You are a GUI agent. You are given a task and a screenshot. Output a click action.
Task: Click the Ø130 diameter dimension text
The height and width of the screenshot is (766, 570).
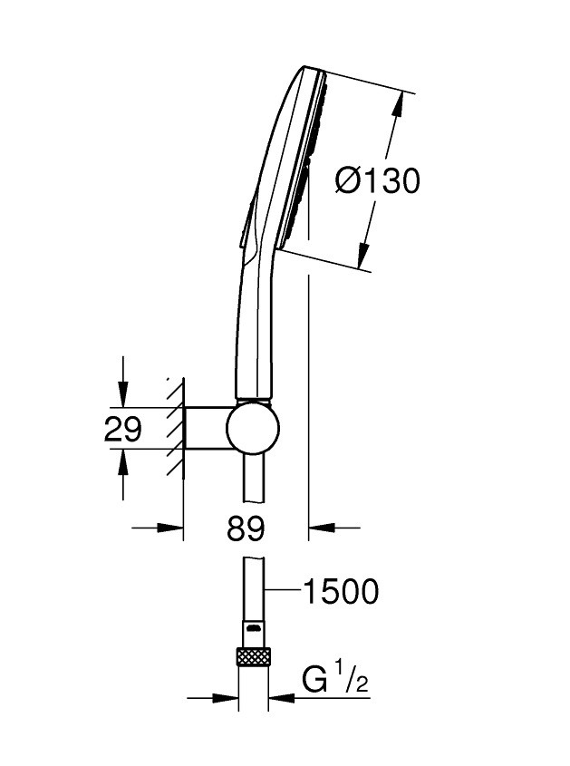point(377,181)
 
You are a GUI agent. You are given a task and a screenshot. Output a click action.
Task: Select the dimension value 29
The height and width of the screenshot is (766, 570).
point(123,429)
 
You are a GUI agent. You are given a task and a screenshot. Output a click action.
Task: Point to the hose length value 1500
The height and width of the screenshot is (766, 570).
point(340,592)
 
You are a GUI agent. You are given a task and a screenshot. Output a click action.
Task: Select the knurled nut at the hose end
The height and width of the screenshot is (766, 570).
point(254,657)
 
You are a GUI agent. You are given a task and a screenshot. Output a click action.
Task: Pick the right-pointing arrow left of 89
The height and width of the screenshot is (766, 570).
point(174,526)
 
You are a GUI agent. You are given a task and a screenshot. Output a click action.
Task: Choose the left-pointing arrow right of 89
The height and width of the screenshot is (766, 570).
point(320,526)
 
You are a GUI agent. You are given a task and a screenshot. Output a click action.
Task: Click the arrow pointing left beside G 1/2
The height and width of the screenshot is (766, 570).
point(279,698)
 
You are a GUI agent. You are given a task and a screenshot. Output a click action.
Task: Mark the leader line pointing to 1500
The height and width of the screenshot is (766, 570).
point(281,592)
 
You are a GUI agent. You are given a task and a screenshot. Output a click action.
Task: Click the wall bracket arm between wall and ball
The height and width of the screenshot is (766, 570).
point(207,428)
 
